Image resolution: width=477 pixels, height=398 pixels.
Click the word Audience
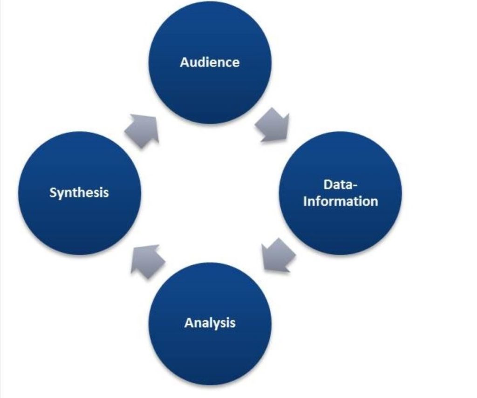click(210, 62)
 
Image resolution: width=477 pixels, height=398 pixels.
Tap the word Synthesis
click(79, 192)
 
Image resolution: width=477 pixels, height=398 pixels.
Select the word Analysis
click(210, 323)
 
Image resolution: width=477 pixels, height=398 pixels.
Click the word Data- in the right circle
click(340, 185)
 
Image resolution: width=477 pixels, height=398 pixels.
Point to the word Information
click(340, 201)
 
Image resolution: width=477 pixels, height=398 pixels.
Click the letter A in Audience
click(184, 62)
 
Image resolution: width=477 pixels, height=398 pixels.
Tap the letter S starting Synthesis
click(53, 192)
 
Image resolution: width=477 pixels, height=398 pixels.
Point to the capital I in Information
click(305, 201)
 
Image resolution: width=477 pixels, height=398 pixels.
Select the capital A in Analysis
click(189, 323)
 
